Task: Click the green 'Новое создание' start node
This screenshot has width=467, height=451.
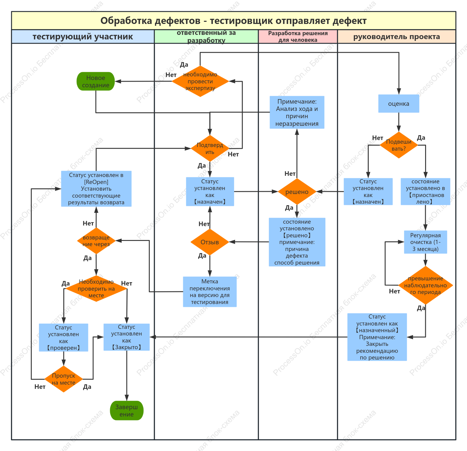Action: pyautogui.click(x=96, y=81)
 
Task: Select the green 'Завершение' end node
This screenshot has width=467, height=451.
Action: pyautogui.click(x=126, y=410)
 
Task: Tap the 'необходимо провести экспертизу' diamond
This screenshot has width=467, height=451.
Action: pyautogui.click(x=200, y=81)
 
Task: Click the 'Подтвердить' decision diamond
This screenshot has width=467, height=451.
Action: pyautogui.click(x=210, y=149)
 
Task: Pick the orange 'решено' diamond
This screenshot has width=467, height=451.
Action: pyautogui.click(x=297, y=192)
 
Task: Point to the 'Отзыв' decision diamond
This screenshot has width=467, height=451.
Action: pyautogui.click(x=210, y=242)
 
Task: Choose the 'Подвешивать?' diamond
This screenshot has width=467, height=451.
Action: pyautogui.click(x=399, y=145)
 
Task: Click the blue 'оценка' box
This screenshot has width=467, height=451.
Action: pyautogui.click(x=399, y=104)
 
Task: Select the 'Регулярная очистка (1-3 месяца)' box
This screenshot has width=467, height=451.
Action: pyautogui.click(x=425, y=242)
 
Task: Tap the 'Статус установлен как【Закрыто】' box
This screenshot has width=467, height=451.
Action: pyautogui.click(x=126, y=337)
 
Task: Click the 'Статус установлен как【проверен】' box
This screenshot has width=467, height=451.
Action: pyautogui.click(x=63, y=337)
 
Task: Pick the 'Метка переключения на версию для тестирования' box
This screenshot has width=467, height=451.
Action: pyautogui.click(x=210, y=292)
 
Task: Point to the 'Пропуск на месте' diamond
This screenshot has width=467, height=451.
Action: pyautogui.click(x=63, y=379)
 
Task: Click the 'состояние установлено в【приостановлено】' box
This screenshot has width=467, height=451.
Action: pyautogui.click(x=425, y=192)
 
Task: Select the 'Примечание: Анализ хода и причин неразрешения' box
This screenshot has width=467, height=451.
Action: pyautogui.click(x=297, y=112)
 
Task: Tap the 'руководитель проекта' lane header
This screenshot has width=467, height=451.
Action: pyautogui.click(x=397, y=37)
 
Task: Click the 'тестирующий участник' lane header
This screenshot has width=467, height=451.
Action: pyautogui.click(x=83, y=37)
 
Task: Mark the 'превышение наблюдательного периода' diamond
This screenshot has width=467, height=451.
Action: pyautogui.click(x=425, y=285)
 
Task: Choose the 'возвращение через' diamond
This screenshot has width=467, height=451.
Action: pyautogui.click(x=96, y=241)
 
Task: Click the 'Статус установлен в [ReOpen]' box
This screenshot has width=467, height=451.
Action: pyautogui.click(x=96, y=189)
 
